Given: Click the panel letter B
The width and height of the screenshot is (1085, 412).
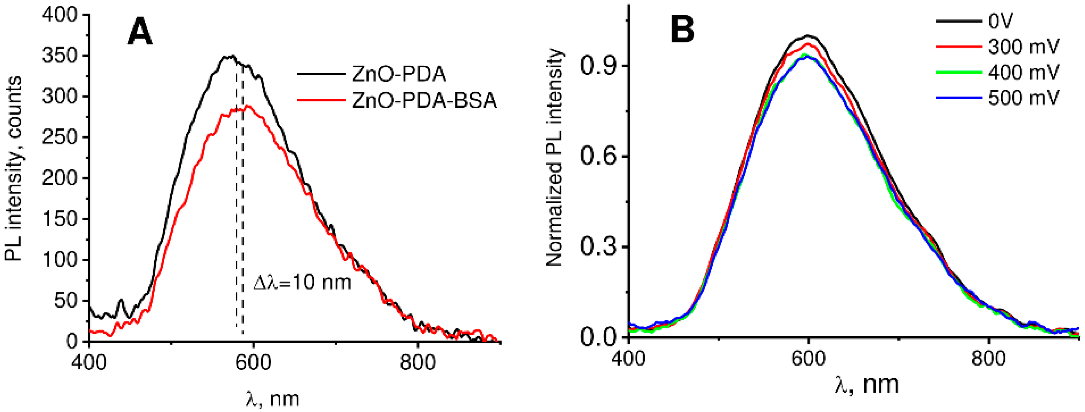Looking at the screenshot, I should [x=683, y=30].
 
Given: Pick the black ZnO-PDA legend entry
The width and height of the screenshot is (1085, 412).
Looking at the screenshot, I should [x=398, y=74].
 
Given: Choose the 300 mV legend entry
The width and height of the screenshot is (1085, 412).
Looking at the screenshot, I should [x=1023, y=47].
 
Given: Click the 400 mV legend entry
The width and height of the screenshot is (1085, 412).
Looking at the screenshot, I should [x=1023, y=72].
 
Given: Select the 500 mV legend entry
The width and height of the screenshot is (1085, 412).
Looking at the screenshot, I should [x=1023, y=98].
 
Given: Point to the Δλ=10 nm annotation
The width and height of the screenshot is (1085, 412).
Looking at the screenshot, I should [x=302, y=282].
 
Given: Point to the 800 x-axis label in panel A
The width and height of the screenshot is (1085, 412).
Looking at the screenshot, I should [x=417, y=363].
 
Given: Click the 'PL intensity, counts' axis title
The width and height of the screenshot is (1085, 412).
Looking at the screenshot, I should [x=13, y=169].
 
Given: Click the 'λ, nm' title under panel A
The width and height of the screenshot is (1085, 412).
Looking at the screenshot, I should [x=273, y=398].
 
